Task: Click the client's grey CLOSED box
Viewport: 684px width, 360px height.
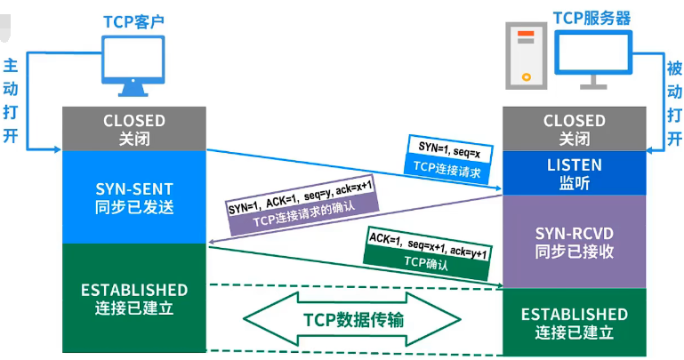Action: point(134,129)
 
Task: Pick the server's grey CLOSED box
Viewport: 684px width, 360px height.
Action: point(574,129)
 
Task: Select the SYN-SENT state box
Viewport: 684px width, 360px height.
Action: point(134,196)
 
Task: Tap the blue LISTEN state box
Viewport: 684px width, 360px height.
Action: point(574,173)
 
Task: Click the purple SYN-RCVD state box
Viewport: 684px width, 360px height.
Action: point(574,241)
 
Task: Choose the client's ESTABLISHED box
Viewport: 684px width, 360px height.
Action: point(134,299)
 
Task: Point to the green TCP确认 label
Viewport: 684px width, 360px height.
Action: point(428,261)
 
